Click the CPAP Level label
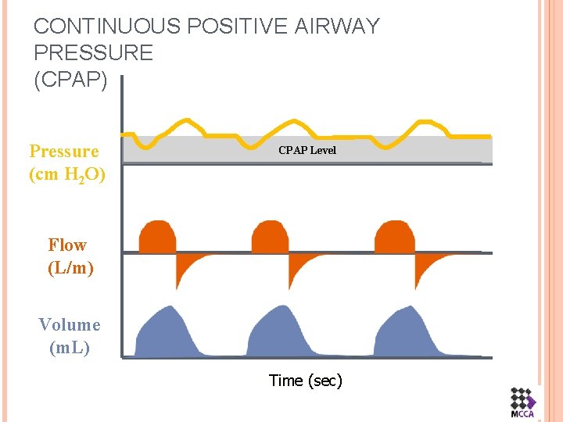click(x=307, y=150)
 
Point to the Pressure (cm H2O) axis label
click(x=66, y=163)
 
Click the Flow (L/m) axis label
click(x=70, y=257)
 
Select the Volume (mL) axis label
click(x=70, y=336)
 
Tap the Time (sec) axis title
click(x=305, y=381)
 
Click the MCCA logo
click(x=522, y=402)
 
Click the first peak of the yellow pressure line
click(x=185, y=122)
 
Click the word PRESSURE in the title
click(x=93, y=53)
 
